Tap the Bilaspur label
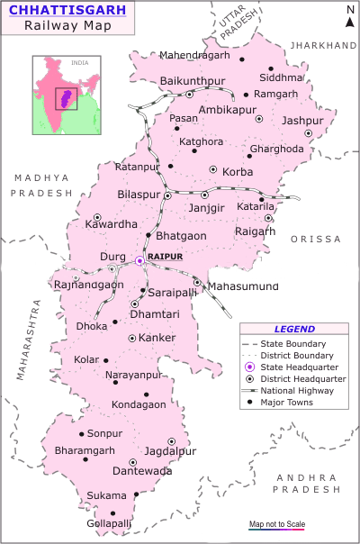(139, 195)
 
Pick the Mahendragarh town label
(195, 56)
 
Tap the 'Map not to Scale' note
(277, 525)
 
